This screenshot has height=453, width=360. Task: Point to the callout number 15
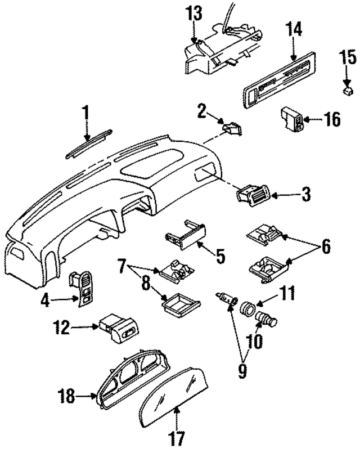click(x=348, y=57)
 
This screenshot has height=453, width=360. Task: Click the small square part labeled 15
click(x=349, y=89)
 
